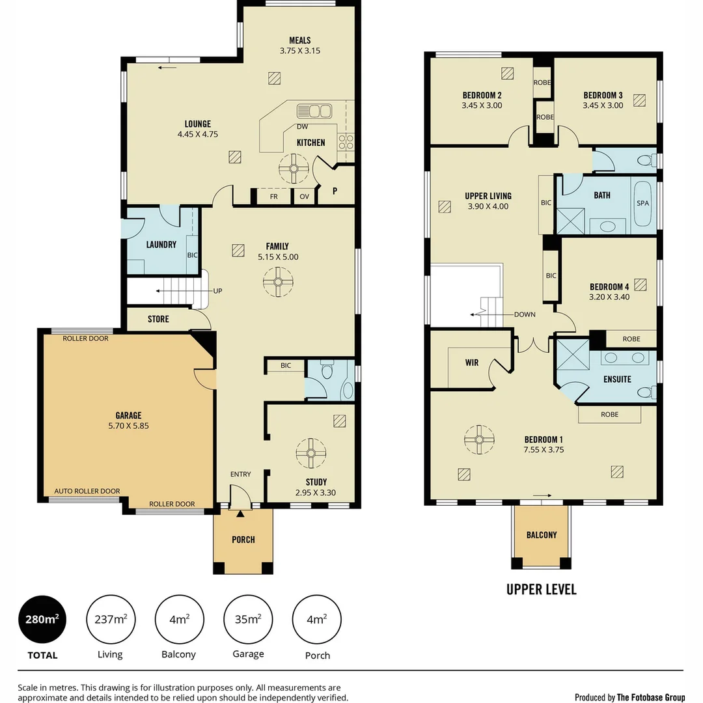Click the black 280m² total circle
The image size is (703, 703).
pyautogui.click(x=42, y=619)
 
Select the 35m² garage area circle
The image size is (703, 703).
pyautogui.click(x=248, y=619)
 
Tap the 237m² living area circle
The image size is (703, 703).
pyautogui.click(x=111, y=619)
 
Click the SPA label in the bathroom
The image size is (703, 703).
pyautogui.click(x=642, y=203)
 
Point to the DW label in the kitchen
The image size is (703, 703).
pyautogui.click(x=302, y=127)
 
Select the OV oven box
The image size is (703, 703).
pyautogui.click(x=304, y=196)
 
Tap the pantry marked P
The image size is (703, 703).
pyautogui.click(x=335, y=191)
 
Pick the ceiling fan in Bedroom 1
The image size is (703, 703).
pyautogui.click(x=478, y=440)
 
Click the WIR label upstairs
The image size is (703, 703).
pyautogui.click(x=471, y=363)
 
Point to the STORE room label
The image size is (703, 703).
pyautogui.click(x=158, y=319)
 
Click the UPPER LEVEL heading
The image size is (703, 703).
pyautogui.click(x=541, y=590)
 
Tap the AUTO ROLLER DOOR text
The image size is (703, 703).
pyautogui.click(x=87, y=491)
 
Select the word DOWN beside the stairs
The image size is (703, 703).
pyautogui.click(x=524, y=314)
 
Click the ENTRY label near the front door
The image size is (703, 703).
pyautogui.click(x=240, y=475)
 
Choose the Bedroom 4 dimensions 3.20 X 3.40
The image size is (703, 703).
pyautogui.click(x=609, y=297)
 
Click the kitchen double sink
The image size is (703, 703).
pyautogui.click(x=314, y=110)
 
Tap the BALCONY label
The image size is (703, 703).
pyautogui.click(x=542, y=535)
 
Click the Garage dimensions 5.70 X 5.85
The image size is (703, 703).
pyautogui.click(x=128, y=426)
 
